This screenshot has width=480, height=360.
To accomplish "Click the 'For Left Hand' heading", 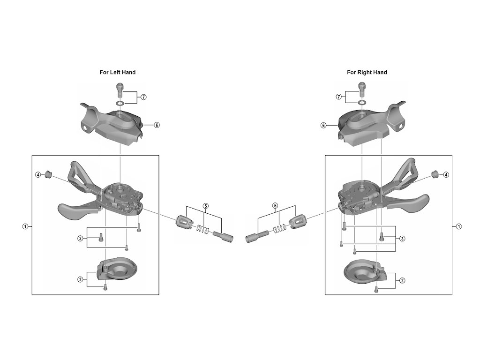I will (117, 72).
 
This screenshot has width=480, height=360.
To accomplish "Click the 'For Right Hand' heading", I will (367, 72).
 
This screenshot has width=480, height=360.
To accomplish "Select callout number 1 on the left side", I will (25, 226).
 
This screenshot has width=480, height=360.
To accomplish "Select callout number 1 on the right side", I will (459, 226).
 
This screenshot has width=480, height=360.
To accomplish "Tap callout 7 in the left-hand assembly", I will (144, 97).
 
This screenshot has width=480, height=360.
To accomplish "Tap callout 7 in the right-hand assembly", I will (338, 97).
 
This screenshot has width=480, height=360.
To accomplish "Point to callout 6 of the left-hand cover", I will (157, 125).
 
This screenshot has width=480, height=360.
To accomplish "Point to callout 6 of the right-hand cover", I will (323, 125).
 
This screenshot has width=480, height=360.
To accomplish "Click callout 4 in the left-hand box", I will (37, 175).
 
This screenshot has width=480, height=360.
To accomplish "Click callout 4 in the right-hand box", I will (446, 175).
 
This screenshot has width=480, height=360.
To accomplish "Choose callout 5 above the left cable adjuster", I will (205, 206).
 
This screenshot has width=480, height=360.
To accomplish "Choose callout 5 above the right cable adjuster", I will (275, 206).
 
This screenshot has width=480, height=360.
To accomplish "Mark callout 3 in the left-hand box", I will (80, 238).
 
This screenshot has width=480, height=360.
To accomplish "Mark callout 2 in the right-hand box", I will (402, 280).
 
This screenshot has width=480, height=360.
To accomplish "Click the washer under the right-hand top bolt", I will (362, 102).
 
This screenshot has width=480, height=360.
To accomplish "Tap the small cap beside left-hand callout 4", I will (47, 175).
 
